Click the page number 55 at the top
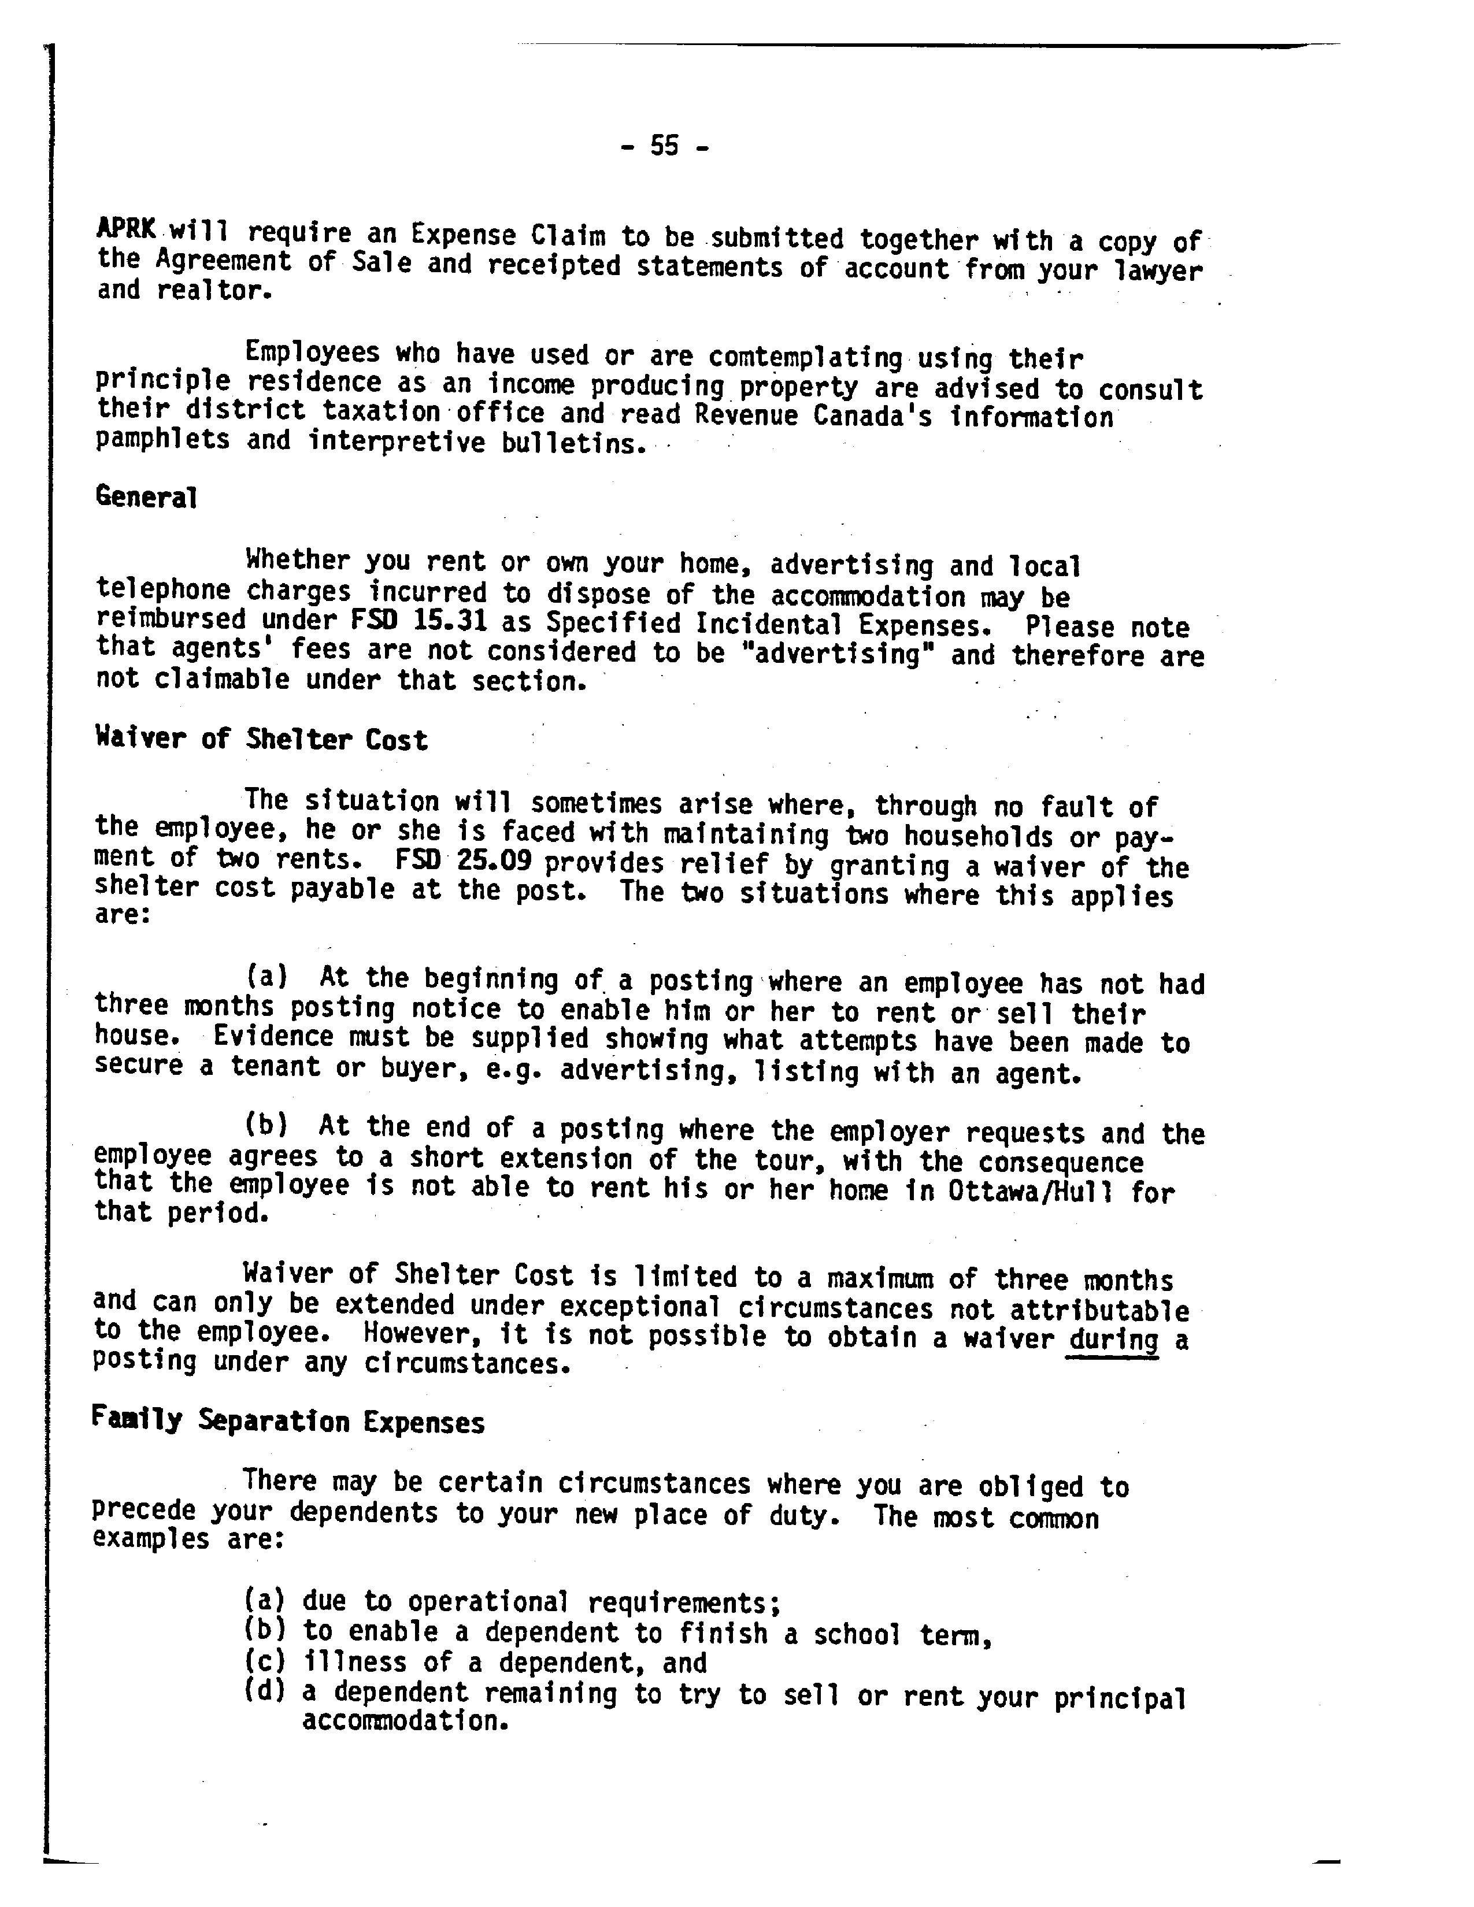tap(664, 146)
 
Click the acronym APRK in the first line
tap(127, 229)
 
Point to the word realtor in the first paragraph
tap(210, 291)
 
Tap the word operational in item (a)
tap(488, 1602)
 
